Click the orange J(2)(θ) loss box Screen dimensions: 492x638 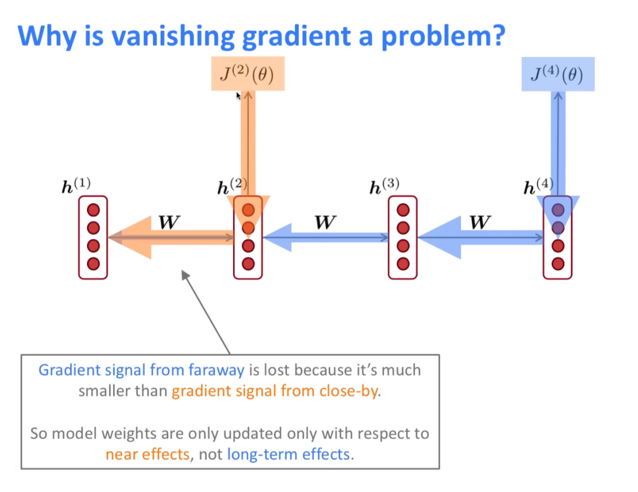click(248, 74)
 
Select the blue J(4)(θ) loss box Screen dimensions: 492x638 click(558, 74)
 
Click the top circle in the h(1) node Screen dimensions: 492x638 click(93, 210)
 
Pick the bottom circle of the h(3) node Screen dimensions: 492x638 click(403, 264)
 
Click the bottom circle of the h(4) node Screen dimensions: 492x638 click(558, 264)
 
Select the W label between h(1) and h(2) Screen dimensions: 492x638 click(169, 223)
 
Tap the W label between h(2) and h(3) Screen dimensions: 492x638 click(325, 223)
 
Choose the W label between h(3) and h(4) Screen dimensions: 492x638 click(480, 223)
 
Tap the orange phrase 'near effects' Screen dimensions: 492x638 click(148, 453)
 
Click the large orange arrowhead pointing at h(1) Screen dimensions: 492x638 click(130, 237)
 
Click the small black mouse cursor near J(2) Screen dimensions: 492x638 click(238, 95)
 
